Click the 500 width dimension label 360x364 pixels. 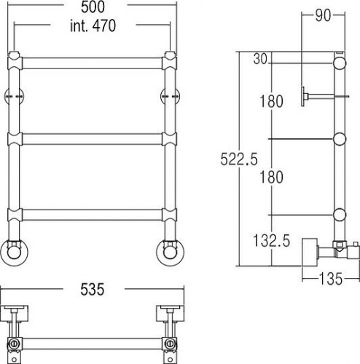93,7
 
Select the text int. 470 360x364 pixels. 93,25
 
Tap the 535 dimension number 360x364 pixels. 93,289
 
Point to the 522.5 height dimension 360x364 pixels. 239,159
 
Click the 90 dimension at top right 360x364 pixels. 323,15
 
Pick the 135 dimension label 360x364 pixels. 331,279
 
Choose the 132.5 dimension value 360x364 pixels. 272,241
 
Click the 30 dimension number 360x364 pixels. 260,59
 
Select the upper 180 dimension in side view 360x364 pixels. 271,101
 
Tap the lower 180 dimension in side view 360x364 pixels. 271,177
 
